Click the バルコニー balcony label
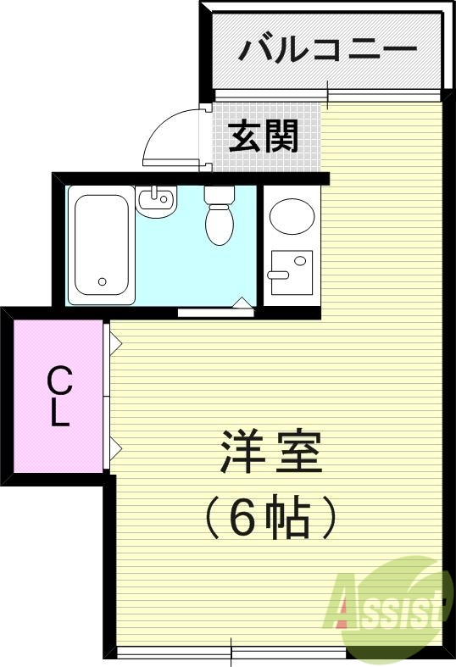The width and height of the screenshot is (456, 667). (x=327, y=49)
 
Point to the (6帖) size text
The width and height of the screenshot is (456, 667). (x=270, y=518)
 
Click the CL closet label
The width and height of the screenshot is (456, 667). (x=58, y=396)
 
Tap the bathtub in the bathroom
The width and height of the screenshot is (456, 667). (x=101, y=243)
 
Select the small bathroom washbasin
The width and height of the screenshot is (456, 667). (x=155, y=201)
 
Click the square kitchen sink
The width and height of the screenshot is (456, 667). (x=291, y=271)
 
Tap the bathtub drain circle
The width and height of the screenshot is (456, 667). (x=103, y=281)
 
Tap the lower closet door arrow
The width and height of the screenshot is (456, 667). (x=115, y=447)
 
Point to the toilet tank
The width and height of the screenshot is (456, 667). (x=219, y=195)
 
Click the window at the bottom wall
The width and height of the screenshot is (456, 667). (x=231, y=651)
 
